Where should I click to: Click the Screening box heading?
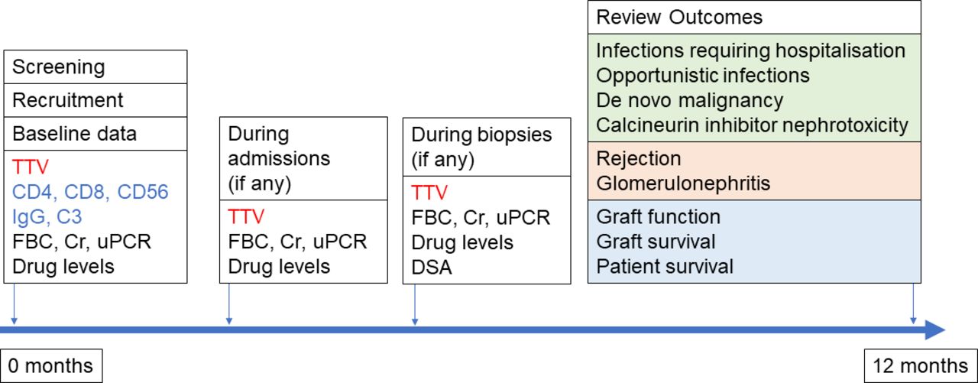59,67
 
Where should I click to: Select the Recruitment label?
68,100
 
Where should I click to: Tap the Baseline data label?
74,134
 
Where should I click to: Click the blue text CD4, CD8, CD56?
90,192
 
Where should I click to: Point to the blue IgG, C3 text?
47,216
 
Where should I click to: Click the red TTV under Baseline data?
30,167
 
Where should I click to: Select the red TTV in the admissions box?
246,216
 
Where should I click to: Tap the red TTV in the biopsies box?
429,193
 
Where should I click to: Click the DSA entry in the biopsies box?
432,268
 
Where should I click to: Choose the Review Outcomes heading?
679,18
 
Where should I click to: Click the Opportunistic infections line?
703,76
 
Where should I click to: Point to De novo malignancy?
690,100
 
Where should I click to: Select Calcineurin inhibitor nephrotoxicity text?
752,125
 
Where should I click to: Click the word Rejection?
638,158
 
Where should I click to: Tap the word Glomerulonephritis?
683,183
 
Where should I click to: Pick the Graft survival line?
656,242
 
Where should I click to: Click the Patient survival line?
665,266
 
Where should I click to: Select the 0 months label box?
51,365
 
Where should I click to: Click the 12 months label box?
921,365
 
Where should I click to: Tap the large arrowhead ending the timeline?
935,329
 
